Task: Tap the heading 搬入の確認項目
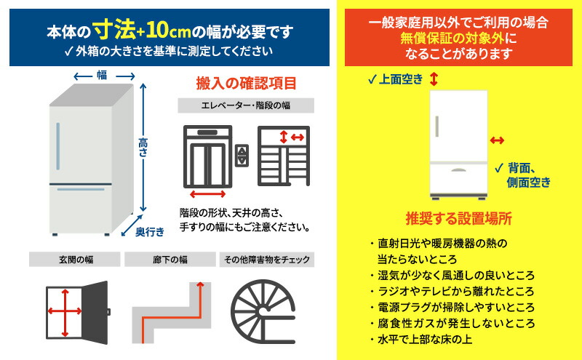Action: click(x=246, y=83)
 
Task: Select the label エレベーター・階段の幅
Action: click(x=246, y=106)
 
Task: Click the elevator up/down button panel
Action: click(x=243, y=154)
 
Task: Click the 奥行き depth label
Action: click(x=150, y=231)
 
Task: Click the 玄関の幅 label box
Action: click(x=74, y=260)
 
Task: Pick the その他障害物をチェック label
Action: click(x=266, y=260)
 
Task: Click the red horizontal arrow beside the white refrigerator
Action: click(x=497, y=140)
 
